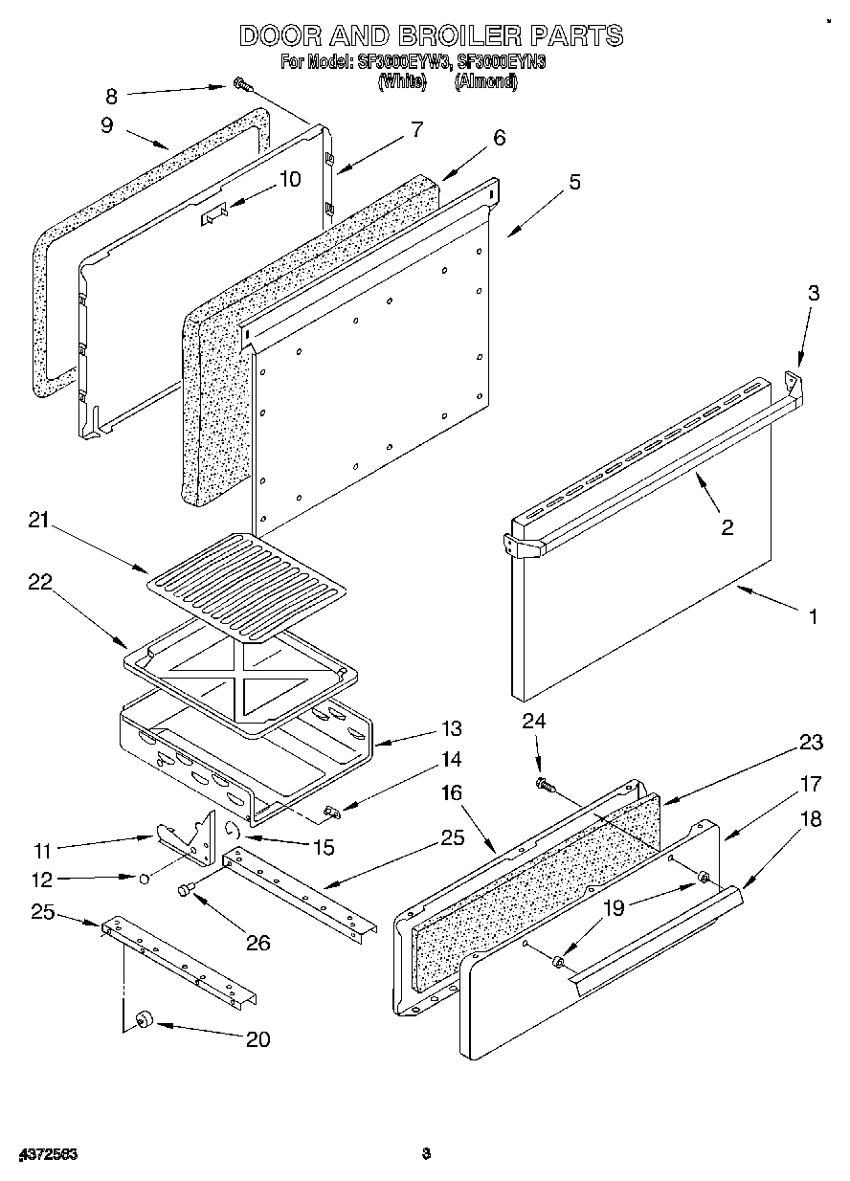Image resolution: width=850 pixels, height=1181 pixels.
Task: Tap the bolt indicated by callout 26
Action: (186, 890)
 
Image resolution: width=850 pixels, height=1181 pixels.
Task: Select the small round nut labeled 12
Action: (143, 877)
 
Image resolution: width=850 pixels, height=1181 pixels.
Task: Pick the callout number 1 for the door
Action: (814, 617)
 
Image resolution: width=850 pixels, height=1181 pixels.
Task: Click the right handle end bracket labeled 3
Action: (794, 384)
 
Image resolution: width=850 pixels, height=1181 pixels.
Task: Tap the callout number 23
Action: (812, 742)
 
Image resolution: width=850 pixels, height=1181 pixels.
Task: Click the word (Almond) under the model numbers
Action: (486, 82)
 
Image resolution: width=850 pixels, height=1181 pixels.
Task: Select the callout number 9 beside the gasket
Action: (106, 124)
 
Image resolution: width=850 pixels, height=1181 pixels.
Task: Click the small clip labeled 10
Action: (214, 217)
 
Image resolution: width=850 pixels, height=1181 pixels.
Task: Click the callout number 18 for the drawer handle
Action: (811, 819)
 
